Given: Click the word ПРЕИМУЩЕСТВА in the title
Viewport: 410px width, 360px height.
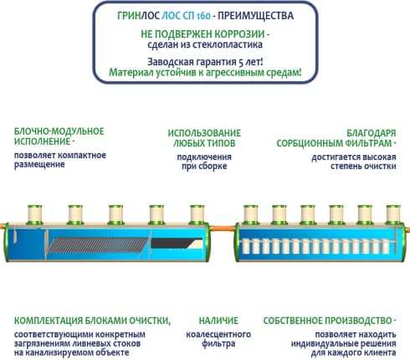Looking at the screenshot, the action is (255, 16).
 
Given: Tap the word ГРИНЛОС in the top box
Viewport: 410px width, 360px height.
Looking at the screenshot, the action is (138, 16).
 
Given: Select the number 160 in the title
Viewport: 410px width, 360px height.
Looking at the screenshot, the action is (203, 16).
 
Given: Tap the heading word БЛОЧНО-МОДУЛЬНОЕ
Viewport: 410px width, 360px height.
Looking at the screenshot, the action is (59, 131).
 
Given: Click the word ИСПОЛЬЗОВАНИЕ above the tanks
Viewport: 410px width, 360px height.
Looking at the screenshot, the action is (204, 133).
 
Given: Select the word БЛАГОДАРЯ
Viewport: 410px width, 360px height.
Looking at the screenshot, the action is (372, 133).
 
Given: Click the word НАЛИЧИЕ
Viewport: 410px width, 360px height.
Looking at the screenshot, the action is (218, 321).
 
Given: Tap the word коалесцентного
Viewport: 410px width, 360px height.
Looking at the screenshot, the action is (218, 334).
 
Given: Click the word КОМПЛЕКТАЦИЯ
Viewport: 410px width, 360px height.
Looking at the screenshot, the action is (49, 321).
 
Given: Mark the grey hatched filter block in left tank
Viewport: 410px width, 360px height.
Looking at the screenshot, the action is (98, 245).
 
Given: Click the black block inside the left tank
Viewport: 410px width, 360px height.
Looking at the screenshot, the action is (177, 243).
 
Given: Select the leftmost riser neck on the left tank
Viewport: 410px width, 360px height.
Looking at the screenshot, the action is (35, 215).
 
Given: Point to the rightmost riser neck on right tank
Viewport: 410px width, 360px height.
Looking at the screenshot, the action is (393, 215).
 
